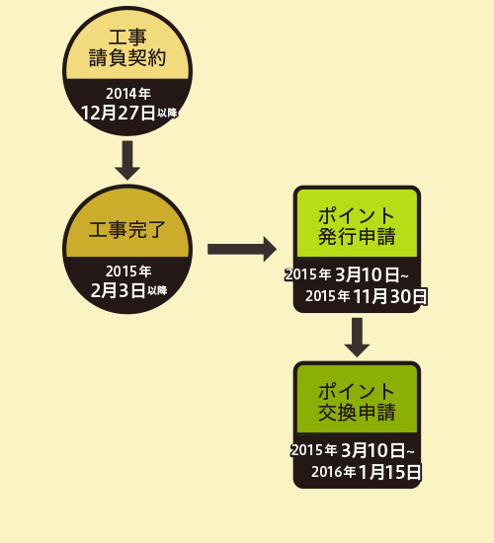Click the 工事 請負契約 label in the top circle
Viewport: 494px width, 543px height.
tap(127, 47)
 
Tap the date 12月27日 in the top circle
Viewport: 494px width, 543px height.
tap(119, 113)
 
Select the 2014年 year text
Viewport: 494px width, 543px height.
tap(128, 94)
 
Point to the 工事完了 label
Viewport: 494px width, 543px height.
tap(126, 230)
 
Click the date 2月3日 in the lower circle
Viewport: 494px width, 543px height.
tap(118, 290)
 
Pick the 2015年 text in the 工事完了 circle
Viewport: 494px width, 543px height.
tap(128, 271)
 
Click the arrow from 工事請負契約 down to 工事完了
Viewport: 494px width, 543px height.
tap(127, 160)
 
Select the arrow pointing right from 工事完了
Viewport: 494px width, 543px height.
tap(242, 250)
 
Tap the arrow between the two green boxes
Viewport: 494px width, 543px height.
tap(357, 338)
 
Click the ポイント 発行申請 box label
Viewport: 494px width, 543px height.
tap(357, 226)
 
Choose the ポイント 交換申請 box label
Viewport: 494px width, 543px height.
tap(357, 402)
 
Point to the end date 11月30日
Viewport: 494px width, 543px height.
tap(390, 296)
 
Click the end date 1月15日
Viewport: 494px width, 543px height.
tap(390, 472)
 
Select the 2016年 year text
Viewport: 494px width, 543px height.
tap(334, 472)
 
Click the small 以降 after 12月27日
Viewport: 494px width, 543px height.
tap(167, 113)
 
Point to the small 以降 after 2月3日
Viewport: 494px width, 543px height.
tap(157, 290)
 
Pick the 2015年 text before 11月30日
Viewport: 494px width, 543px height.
tap(328, 296)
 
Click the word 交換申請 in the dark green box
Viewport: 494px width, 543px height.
tap(357, 412)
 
